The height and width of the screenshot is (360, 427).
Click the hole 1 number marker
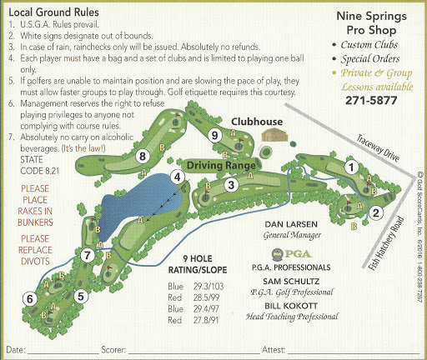pos(352,167)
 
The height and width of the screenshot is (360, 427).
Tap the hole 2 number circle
pos(376,212)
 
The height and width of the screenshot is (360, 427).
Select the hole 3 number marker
pos(231,185)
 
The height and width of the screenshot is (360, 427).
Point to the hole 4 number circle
pos(178,177)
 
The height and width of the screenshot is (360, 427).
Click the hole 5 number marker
pos(81,295)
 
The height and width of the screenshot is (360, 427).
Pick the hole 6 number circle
pos(30,298)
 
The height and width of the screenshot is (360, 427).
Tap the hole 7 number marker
pos(88,254)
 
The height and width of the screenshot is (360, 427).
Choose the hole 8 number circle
pos(143,156)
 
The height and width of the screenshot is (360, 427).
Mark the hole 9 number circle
pos(215,135)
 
